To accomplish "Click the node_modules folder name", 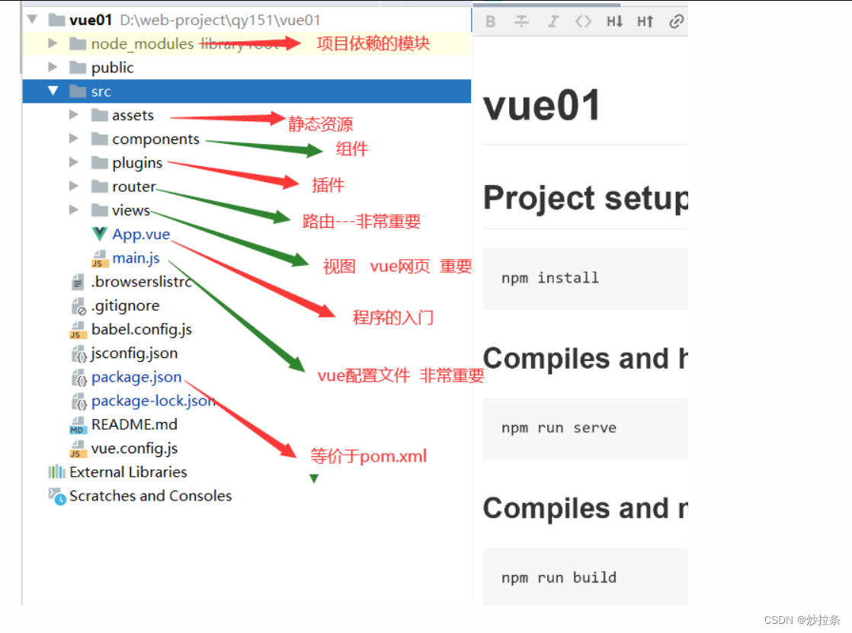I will point(143,44).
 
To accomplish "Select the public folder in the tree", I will point(112,68).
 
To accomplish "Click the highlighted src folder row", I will point(101,91).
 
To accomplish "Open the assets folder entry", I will point(133,116).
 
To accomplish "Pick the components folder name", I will point(155,139).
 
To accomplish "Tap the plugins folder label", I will point(137,163).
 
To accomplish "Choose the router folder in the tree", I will point(133,187).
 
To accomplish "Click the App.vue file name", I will point(141,234).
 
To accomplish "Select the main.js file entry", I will point(136,258).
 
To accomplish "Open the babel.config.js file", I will point(141,330).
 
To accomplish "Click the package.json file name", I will point(136,377).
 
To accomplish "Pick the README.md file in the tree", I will point(134,424).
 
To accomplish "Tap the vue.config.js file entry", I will point(134,449).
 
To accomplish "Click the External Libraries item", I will point(128,472).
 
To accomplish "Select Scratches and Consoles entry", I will point(150,496).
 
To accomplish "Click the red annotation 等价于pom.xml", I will point(369,456).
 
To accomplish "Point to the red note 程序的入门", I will point(393,318).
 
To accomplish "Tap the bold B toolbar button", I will point(491,21).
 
